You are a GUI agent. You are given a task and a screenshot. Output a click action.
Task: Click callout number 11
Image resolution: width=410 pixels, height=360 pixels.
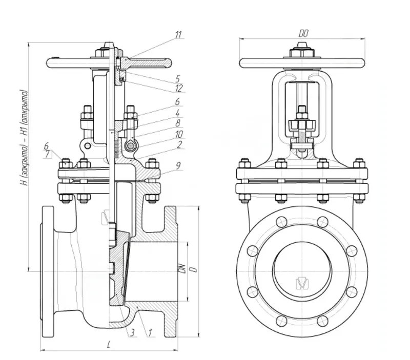point(178,35)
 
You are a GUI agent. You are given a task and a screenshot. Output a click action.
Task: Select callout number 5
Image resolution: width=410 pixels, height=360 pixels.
point(177,79)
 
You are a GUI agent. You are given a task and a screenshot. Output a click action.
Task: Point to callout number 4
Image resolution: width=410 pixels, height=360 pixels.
point(177,113)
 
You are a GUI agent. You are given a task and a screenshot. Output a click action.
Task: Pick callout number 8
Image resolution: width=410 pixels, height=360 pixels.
point(177,123)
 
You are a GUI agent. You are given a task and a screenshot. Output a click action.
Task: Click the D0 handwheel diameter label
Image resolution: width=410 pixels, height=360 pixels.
point(304,33)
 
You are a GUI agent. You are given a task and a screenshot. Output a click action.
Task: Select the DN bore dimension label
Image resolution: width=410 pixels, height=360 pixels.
point(181,268)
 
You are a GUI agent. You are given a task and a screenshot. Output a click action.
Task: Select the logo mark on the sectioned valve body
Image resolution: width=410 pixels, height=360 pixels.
point(106,217)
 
